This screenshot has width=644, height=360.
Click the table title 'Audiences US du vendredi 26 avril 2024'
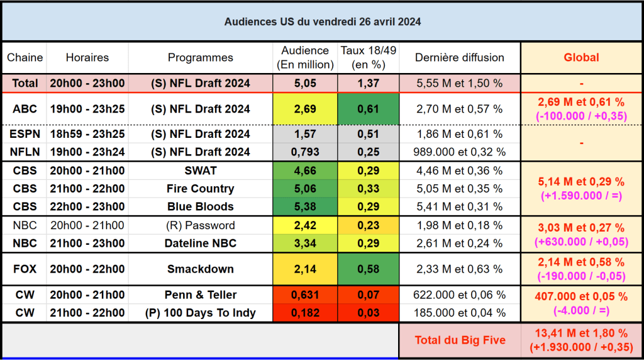tap(322, 21)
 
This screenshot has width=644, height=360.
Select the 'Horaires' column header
tap(87, 57)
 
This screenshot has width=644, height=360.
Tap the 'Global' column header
tap(580, 57)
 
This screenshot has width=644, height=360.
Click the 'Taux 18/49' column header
tap(368, 57)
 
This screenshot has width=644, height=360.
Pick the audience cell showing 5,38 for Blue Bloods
tap(305, 206)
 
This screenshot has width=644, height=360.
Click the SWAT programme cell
tap(200, 171)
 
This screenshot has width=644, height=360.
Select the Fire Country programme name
tap(200, 189)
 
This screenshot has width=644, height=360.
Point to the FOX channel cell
tap(25, 269)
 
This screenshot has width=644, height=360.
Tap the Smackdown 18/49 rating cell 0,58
tap(368, 269)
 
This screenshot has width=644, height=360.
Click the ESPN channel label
tap(25, 134)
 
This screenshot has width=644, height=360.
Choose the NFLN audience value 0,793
tap(305, 152)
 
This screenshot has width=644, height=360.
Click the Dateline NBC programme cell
tap(200, 244)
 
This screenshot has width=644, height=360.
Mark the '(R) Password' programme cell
tap(200, 225)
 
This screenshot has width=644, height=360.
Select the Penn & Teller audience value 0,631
tap(305, 295)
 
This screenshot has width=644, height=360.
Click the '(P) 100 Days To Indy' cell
tap(200, 313)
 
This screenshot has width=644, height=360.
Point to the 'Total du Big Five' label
tap(460, 340)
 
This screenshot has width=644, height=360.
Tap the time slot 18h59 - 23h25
tap(87, 134)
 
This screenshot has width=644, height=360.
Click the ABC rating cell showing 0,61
tap(368, 109)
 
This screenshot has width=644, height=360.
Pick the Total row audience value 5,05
tap(305, 83)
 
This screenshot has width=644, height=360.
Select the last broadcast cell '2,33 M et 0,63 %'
tap(460, 269)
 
